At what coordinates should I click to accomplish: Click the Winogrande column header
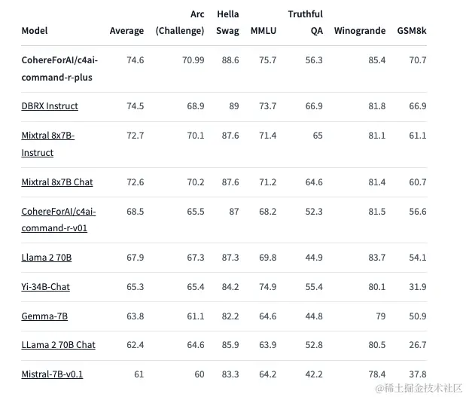coord(360,31)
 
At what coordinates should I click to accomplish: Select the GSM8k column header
coord(412,31)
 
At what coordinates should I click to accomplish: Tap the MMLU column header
coord(263,31)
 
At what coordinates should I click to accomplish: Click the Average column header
coord(126,31)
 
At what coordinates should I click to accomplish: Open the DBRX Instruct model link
coord(50,106)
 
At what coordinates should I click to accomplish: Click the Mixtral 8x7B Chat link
coord(57,182)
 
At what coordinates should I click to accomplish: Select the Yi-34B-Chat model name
coord(45,287)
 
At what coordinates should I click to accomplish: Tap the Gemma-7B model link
coord(44,316)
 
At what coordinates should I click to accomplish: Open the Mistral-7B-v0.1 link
coord(52,374)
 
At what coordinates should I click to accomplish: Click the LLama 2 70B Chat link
coord(58,345)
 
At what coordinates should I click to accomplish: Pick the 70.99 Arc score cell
coord(193,60)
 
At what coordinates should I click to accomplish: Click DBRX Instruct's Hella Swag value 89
coord(234,106)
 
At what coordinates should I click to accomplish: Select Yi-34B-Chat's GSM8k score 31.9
coord(418,287)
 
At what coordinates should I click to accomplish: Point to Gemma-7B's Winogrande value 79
coord(381,316)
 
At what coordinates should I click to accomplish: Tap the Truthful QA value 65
coord(318,136)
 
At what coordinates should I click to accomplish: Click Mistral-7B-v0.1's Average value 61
coord(139,374)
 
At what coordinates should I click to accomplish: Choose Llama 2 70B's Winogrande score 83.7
coord(377,258)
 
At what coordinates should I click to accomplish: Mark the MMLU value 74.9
coord(267,287)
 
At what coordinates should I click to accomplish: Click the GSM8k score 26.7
coord(418,345)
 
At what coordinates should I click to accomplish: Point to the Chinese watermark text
coord(419,388)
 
